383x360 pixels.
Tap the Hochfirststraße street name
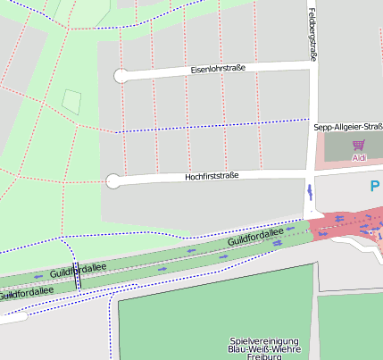(x=212, y=176)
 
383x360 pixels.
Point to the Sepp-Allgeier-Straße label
(x=348, y=128)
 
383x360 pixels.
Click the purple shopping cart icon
(x=358, y=145)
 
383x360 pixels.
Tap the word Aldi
(x=359, y=158)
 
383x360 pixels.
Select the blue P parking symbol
(x=375, y=186)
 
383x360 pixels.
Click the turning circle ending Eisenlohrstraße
(x=121, y=76)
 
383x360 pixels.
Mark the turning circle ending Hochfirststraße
(x=112, y=181)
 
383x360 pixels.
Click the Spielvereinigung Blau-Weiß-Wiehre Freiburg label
(x=265, y=348)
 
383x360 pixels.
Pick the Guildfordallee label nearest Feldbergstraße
(x=255, y=238)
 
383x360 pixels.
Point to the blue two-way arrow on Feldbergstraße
(x=309, y=190)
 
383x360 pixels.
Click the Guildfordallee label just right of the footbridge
(x=78, y=269)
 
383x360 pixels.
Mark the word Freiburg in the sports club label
(x=264, y=356)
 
